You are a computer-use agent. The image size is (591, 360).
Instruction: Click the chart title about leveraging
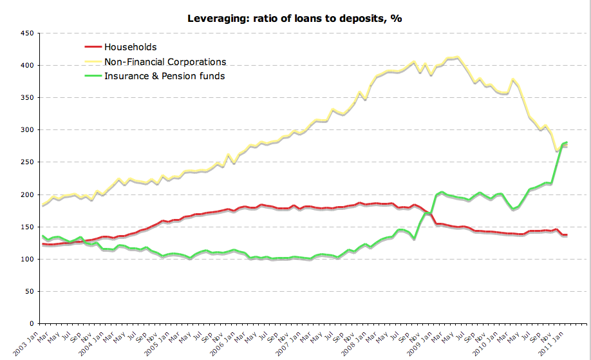tap(294, 18)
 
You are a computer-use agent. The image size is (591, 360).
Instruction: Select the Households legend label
tap(130, 47)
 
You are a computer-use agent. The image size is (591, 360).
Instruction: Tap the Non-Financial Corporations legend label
tap(165, 62)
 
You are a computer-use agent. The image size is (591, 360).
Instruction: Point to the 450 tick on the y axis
tap(26, 33)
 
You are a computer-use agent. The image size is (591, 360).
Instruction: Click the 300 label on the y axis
tap(26, 130)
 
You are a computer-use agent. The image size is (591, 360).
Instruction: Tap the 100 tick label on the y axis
tap(26, 259)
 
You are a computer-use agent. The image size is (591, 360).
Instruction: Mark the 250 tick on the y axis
tap(26, 162)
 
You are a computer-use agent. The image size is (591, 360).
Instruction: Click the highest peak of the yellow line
tap(456, 57)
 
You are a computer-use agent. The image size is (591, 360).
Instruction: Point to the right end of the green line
tap(566, 142)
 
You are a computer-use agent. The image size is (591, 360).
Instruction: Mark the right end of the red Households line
tap(566, 235)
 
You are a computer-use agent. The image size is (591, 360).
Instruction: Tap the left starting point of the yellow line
tap(42, 205)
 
